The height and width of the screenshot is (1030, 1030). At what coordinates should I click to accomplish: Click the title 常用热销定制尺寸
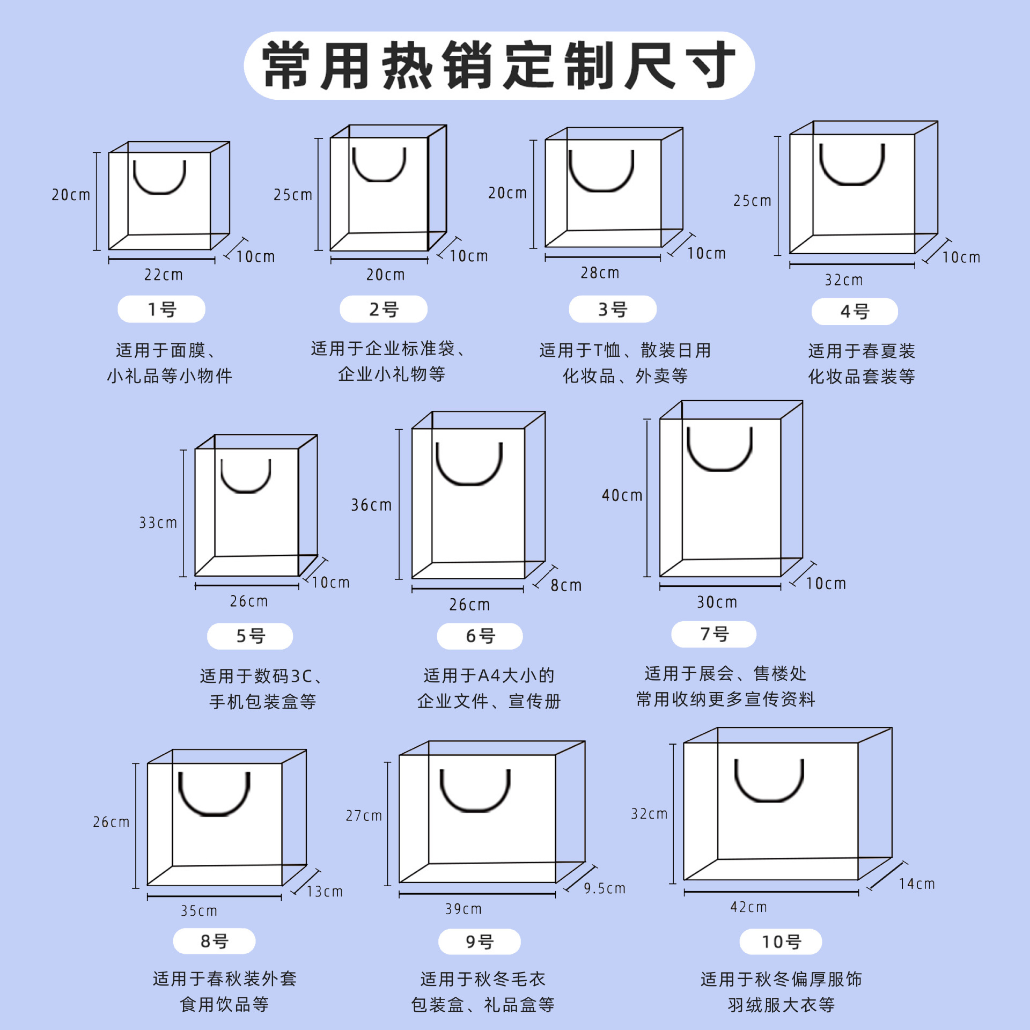499,65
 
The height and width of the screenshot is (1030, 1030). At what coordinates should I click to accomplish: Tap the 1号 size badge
161,310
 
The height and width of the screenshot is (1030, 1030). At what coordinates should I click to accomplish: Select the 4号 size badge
855,312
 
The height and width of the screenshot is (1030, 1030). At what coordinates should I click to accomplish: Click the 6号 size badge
480,636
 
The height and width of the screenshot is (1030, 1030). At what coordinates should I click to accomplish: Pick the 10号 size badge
781,941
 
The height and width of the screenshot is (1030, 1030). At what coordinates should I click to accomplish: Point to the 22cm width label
164,275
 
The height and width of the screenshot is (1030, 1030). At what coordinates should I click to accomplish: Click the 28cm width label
600,273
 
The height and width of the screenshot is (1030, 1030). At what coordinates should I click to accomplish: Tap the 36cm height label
371,505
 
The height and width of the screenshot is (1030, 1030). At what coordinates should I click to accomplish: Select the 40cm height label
622,495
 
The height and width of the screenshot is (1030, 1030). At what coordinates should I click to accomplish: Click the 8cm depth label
566,585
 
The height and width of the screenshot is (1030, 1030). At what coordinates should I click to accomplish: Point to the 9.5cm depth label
605,888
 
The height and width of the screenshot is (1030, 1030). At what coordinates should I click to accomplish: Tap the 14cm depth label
917,884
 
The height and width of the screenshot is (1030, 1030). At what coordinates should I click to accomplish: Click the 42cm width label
748,907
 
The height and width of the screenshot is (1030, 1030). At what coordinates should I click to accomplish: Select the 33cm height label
158,523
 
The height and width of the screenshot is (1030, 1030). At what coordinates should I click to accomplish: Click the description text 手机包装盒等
262,701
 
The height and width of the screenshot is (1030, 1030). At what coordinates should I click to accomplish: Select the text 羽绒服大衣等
781,1004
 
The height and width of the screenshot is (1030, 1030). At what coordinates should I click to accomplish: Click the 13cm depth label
325,892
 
